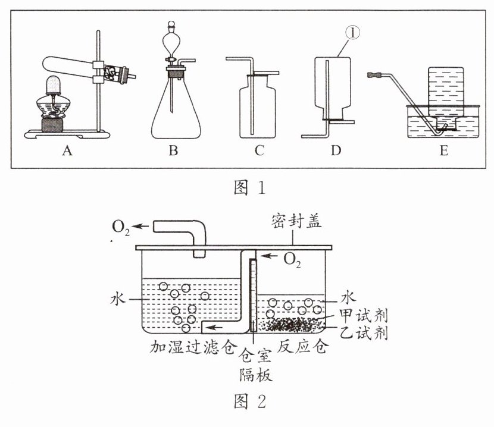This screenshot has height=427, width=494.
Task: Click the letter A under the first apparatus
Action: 67,150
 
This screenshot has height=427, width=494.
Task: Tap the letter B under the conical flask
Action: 173,150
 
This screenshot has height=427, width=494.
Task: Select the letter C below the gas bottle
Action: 259,150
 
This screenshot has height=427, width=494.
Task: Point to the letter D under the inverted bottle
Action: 336,150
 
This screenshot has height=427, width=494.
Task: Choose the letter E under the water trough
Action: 443,150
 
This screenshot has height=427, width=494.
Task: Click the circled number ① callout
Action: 352,33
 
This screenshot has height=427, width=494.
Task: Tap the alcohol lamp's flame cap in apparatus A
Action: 53,85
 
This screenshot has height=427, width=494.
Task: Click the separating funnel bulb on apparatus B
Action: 171,42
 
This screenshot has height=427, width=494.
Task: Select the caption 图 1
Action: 250,188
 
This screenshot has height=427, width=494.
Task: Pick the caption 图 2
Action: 250,401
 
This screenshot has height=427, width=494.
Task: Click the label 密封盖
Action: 296,221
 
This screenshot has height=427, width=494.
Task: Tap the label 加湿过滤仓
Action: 193,347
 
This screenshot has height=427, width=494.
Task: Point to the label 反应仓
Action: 303,346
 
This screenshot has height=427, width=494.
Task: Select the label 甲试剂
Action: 363,315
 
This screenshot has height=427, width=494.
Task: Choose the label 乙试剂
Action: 363,333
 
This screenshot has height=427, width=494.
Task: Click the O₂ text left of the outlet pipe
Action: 121,227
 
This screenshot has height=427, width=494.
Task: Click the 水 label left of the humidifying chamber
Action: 118,299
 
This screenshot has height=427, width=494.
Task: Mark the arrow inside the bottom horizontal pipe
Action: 214,328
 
